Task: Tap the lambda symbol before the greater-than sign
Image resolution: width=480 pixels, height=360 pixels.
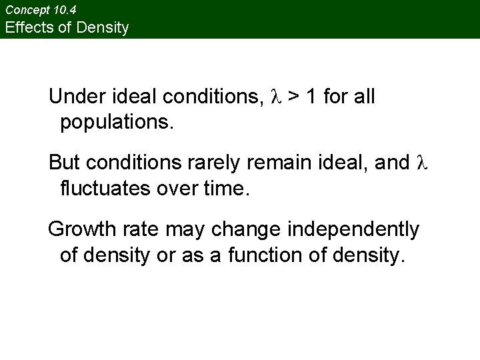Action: pyautogui.click(x=277, y=97)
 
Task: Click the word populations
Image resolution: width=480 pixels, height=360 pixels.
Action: pyautogui.click(x=117, y=123)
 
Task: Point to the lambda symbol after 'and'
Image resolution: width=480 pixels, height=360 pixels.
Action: pyautogui.click(x=420, y=163)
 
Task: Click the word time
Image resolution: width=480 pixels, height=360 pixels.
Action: pyautogui.click(x=225, y=188)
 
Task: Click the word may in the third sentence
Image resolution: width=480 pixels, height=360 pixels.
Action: pyautogui.click(x=187, y=230)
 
